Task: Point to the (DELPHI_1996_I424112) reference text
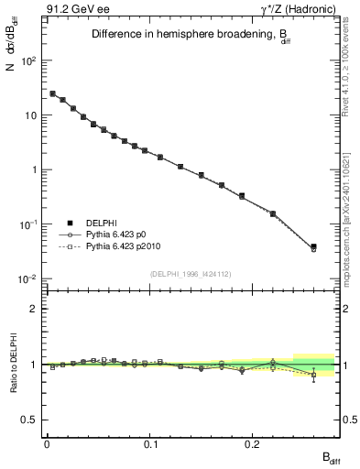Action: (x=191, y=272)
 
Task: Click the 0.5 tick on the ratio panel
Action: (x=29, y=420)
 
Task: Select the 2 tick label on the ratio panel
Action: (x=33, y=309)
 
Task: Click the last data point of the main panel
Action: (x=313, y=247)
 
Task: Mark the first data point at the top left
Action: (x=52, y=93)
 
